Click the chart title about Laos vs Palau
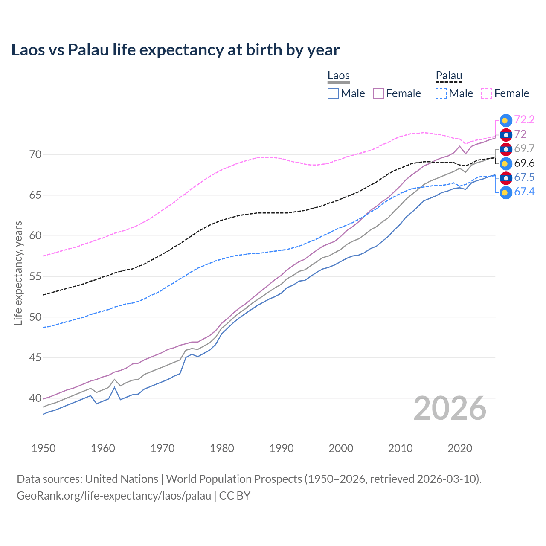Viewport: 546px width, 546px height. coord(175,50)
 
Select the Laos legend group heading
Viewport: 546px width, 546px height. coord(338,76)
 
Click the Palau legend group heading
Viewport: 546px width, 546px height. coord(449,76)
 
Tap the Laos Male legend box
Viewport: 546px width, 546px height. coord(333,93)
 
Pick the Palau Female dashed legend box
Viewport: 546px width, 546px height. coord(487,93)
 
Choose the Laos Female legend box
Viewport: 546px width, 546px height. coord(378,93)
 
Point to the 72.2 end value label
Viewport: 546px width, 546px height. coord(524,119)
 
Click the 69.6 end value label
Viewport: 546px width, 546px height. coord(524,163)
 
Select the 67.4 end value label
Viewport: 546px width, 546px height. coord(524,192)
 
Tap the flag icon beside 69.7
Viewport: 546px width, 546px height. coord(506,149)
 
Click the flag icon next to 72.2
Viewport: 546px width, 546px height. coord(506,120)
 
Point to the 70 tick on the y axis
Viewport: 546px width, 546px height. coord(35,154)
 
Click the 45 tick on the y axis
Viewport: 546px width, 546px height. coord(35,357)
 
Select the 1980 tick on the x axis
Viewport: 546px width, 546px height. coord(222,448)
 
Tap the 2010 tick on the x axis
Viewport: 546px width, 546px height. coord(400,448)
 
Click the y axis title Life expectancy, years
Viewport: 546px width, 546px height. coord(18,273)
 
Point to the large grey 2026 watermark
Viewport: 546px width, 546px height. coord(450,409)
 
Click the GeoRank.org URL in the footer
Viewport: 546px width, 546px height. coord(114,496)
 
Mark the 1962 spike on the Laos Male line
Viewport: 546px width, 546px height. coord(115,387)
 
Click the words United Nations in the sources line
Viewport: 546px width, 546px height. coord(122,479)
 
